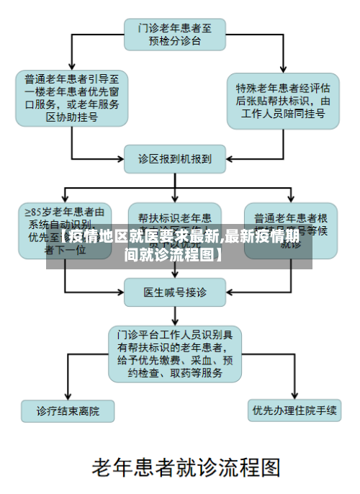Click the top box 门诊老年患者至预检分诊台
pyautogui.click(x=175, y=34)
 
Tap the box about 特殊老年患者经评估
pyautogui.click(x=283, y=100)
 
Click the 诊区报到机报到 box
pyautogui.click(x=175, y=159)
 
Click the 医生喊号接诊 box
pyautogui.click(x=175, y=292)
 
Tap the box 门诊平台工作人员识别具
pyautogui.click(x=175, y=354)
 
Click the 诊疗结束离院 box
pyautogui.click(x=68, y=411)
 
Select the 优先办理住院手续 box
pyautogui.click(x=294, y=411)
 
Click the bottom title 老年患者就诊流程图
pyautogui.click(x=185, y=469)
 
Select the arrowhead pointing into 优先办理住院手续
pyautogui.click(x=294, y=398)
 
